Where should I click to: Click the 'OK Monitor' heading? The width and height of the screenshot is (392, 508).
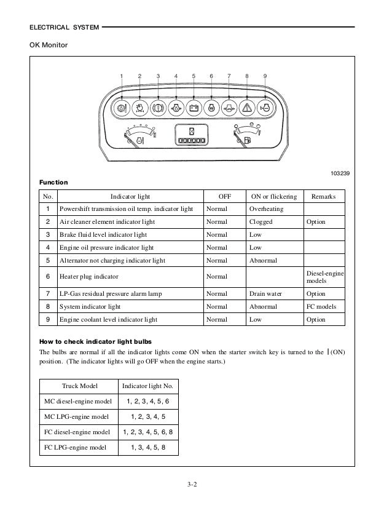pos(48,45)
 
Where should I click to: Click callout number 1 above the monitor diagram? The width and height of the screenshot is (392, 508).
pos(122,76)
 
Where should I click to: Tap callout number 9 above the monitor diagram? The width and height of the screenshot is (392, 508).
pos(265,76)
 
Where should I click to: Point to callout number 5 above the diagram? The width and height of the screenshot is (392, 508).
pos(194,76)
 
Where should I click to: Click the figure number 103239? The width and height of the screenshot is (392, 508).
pos(338,174)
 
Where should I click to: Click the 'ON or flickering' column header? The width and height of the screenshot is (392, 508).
pos(274,196)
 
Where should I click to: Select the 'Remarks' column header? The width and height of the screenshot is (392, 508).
pos(324,196)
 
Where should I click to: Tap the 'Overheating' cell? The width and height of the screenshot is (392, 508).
pos(265,209)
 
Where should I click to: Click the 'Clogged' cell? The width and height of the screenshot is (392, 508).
pos(261,222)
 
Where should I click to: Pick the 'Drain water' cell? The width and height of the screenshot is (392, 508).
pos(265,293)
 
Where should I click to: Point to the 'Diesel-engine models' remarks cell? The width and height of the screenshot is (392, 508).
pos(324,276)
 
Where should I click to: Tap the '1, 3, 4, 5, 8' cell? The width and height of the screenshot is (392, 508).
pos(148,447)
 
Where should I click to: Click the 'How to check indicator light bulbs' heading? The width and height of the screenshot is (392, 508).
pos(96,340)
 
